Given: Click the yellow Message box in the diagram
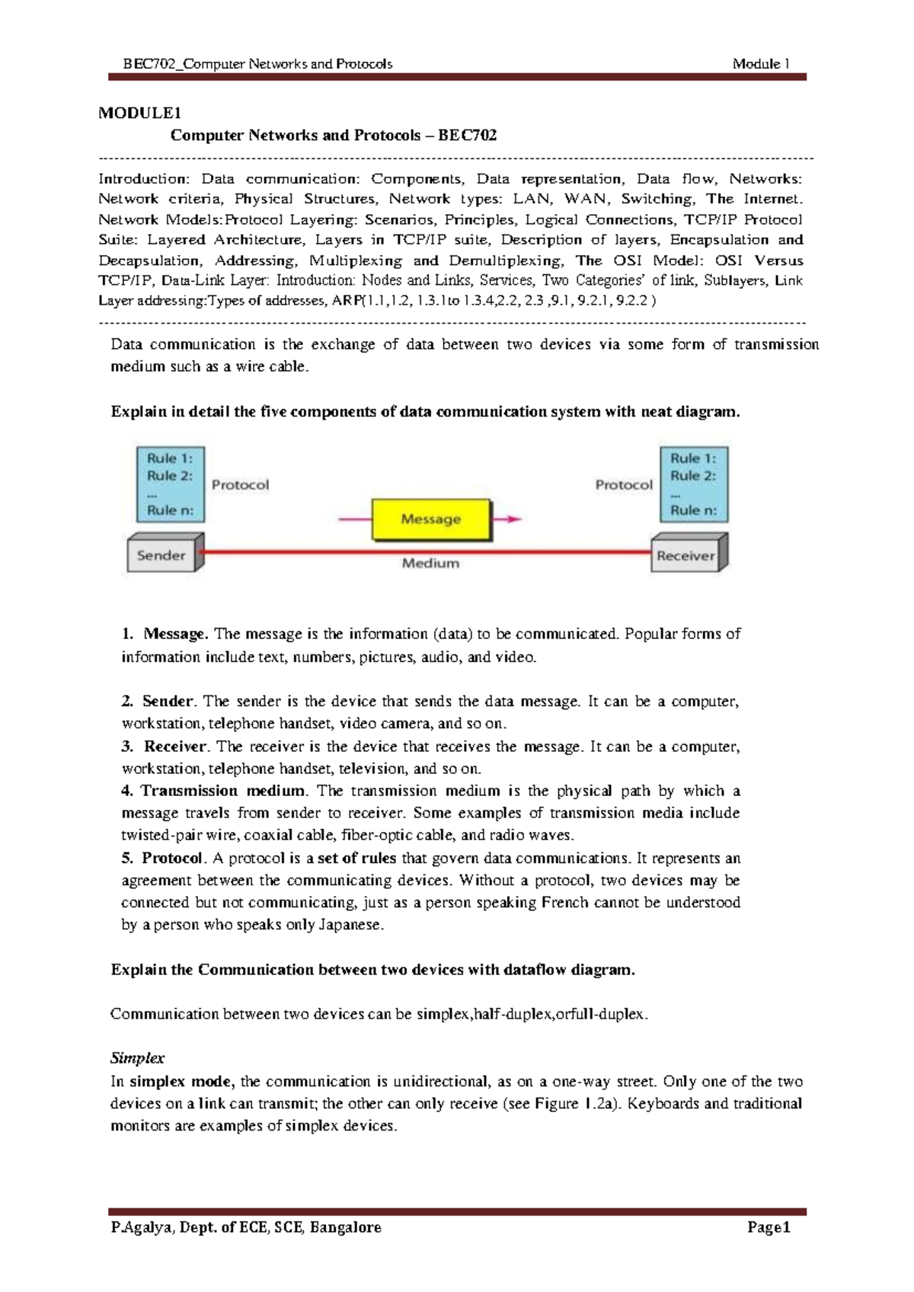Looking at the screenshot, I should click(431, 520).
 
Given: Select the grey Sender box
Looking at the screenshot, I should click(161, 555).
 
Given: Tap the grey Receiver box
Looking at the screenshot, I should click(685, 556).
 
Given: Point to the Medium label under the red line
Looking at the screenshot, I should click(430, 564).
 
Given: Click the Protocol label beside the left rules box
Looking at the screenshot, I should click(240, 485).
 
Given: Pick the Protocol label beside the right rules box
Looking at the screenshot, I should click(624, 485).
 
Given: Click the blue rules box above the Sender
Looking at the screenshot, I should click(170, 484).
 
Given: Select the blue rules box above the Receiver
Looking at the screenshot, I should click(693, 484).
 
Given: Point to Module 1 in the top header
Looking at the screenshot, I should click(760, 64).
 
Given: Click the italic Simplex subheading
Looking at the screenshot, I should click(137, 1058).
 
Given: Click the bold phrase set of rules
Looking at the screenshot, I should click(356, 859).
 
